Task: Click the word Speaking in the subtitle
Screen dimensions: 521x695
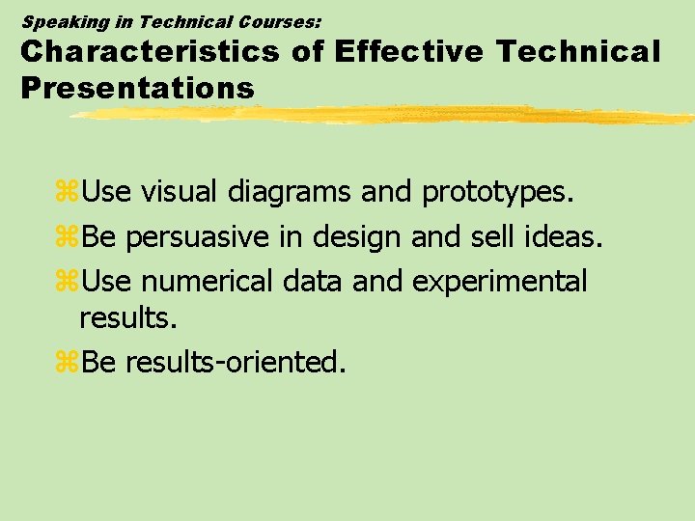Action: point(58,20)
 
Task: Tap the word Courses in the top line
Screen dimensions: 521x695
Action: point(273,20)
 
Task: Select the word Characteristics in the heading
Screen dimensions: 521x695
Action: point(150,52)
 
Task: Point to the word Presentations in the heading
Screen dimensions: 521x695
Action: point(137,88)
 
